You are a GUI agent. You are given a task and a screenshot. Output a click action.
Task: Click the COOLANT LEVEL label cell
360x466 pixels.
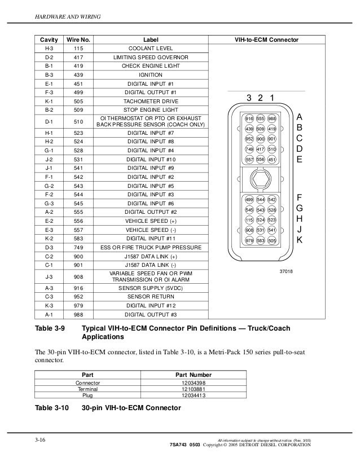pyautogui.click(x=151, y=49)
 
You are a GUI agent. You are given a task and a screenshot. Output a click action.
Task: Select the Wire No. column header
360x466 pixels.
pyautogui.click(x=78, y=41)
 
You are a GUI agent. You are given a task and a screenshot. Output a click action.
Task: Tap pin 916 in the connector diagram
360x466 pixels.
pyautogui.click(x=249, y=118)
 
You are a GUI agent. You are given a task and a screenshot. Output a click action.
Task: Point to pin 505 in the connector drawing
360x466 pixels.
pyautogui.click(x=272, y=241)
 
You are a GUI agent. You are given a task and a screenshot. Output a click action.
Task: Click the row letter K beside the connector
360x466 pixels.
pyautogui.click(x=300, y=240)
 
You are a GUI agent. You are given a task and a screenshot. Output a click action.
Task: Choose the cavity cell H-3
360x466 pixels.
pyautogui.click(x=49, y=49)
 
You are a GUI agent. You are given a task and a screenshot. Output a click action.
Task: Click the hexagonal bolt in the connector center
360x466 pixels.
pyautogui.click(x=261, y=179)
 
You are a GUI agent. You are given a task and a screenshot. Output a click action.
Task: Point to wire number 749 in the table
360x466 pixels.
pyautogui.click(x=78, y=248)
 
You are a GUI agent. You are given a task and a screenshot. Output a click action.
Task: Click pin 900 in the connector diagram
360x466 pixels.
pyautogui.click(x=261, y=139)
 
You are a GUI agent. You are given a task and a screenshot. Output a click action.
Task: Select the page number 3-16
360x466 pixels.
pyautogui.click(x=40, y=438)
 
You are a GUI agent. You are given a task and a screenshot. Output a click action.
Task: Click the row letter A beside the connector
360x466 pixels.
pyautogui.click(x=300, y=117)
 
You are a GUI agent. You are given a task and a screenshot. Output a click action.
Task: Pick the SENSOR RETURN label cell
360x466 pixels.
pyautogui.click(x=151, y=295)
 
